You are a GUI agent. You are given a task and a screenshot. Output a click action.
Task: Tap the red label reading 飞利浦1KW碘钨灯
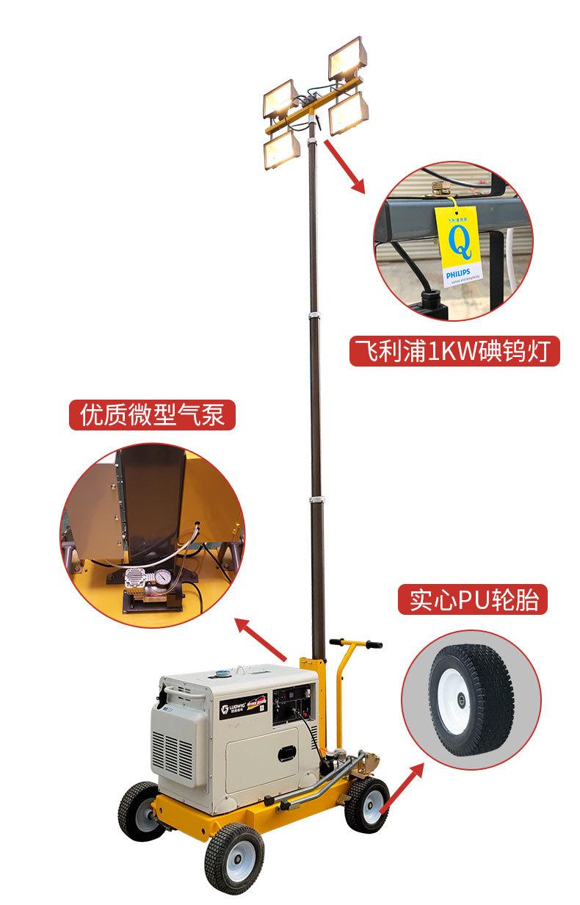click(454, 351)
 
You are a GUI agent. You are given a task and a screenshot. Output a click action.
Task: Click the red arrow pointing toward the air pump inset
click(261, 638)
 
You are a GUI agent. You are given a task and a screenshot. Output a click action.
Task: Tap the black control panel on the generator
click(294, 707)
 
